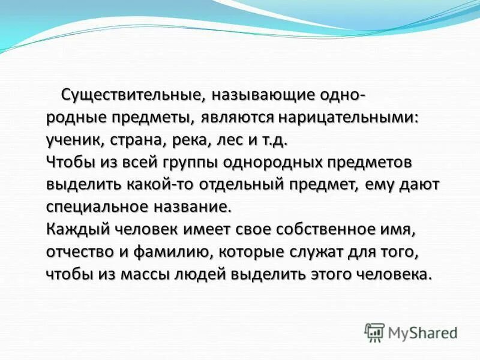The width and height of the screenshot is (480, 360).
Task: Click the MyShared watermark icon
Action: point(375,331)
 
